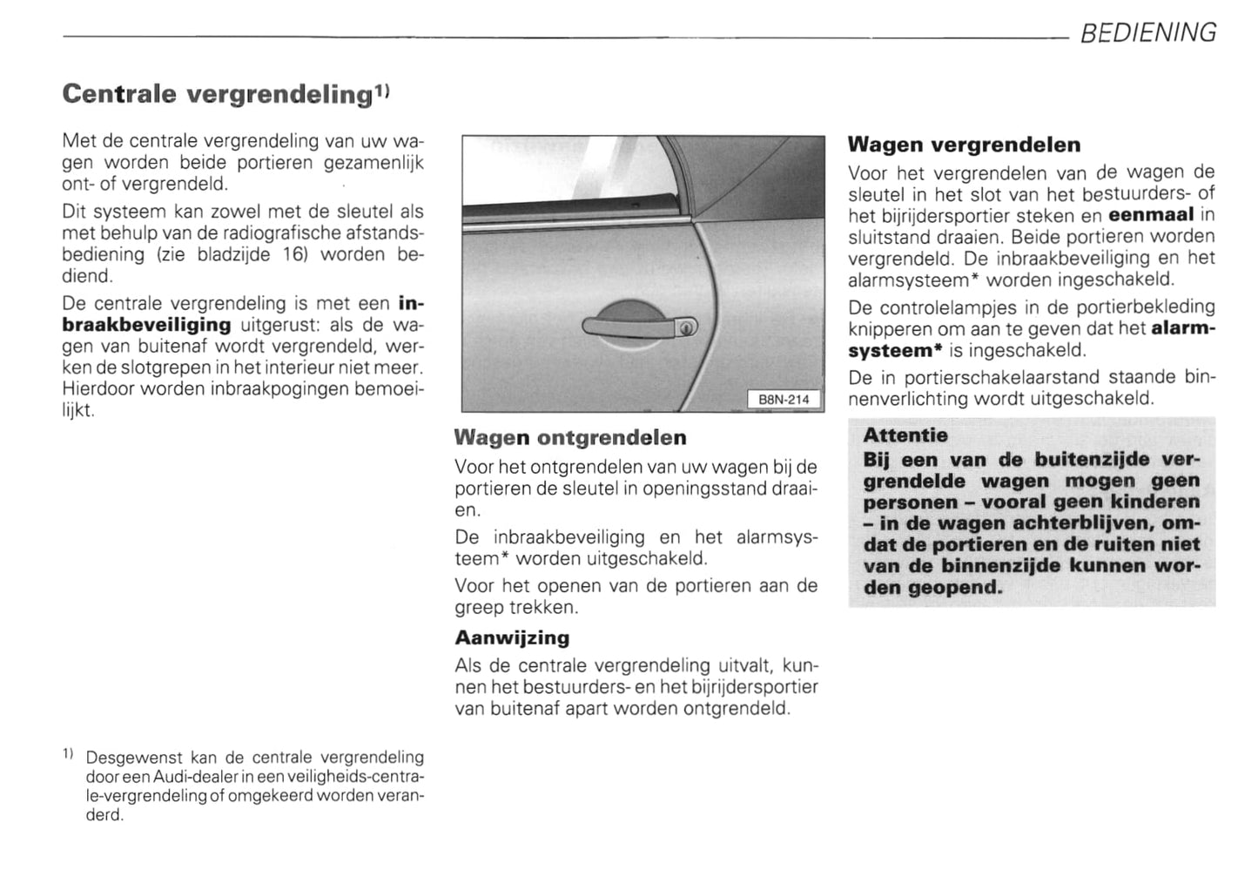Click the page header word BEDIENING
point(1147,33)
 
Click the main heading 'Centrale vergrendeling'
point(217,94)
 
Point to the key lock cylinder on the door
point(686,327)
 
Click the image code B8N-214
point(784,400)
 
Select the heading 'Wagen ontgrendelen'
point(570,437)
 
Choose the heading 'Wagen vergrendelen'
point(964,145)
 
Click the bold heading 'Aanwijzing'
point(512,637)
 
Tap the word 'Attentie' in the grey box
point(905,435)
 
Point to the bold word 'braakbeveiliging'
point(146,325)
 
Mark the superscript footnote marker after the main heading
point(383,90)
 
